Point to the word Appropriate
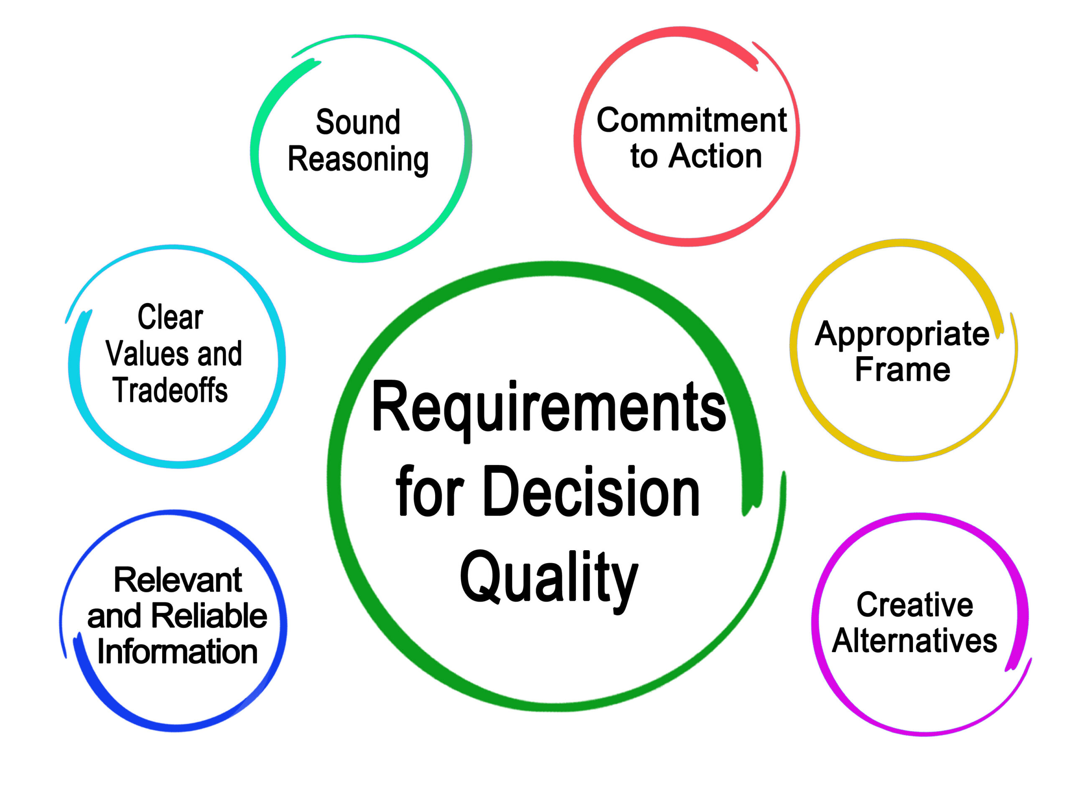[902, 334]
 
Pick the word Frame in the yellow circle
[902, 370]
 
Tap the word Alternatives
[914, 641]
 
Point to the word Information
[177, 651]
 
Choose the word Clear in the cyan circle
[170, 318]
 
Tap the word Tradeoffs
[170, 390]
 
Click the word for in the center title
[429, 492]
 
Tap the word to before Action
[644, 157]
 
